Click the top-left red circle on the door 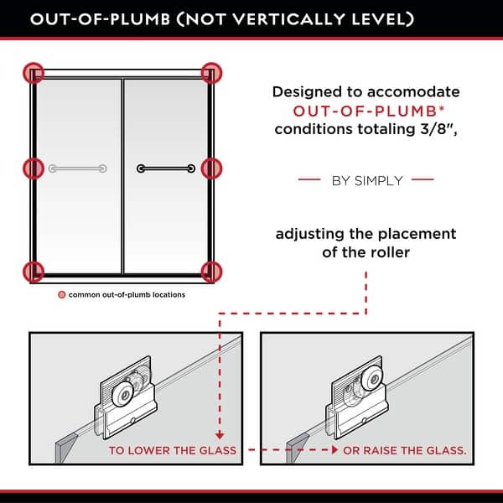point(34,73)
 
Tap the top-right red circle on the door point(211,73)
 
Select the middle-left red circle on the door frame point(34,169)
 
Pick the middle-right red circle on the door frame point(211,169)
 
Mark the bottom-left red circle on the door point(34,272)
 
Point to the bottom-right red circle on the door point(211,272)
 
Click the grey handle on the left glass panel point(78,169)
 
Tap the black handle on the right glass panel point(166,169)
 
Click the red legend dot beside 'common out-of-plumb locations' point(61,294)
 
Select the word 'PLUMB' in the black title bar point(140,19)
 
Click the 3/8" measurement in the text point(437,129)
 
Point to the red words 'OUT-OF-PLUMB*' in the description point(369,111)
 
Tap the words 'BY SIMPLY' point(367,180)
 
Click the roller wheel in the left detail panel point(123,394)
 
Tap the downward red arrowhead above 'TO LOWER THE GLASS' point(220,435)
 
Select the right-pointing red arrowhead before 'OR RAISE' point(334,450)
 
